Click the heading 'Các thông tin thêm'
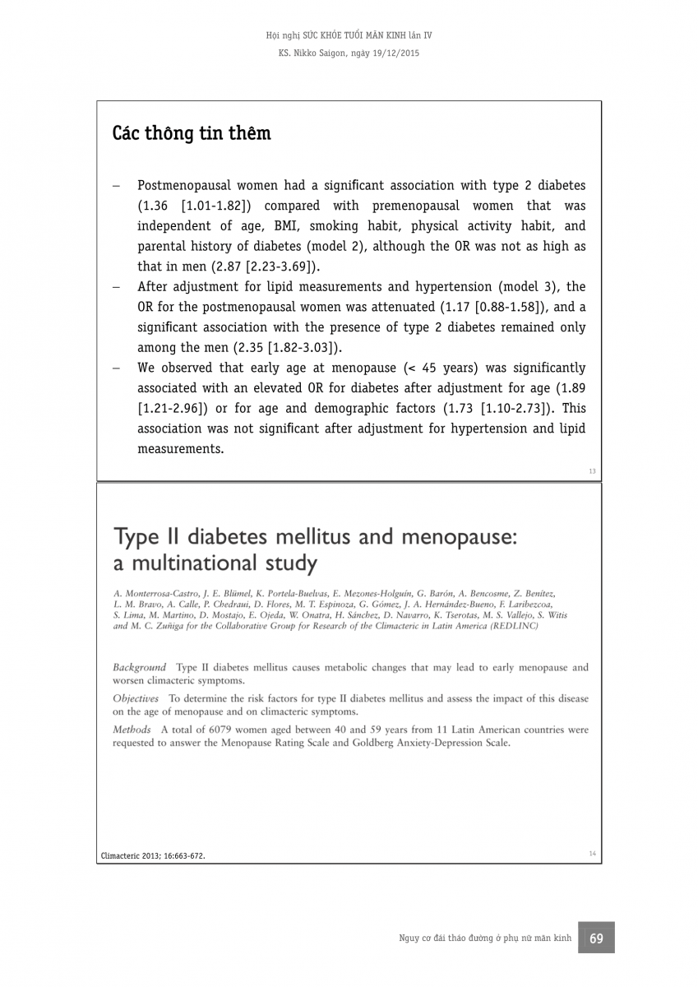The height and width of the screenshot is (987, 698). click(192, 133)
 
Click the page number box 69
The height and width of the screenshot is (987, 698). click(596, 938)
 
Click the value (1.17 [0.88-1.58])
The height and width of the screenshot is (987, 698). click(483, 307)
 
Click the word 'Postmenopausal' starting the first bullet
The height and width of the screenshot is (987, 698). click(185, 186)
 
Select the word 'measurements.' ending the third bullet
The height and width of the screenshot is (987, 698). click(180, 448)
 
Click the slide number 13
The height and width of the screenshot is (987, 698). click(592, 471)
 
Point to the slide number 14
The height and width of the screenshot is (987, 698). click(592, 853)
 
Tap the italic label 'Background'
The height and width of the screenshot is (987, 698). click(139, 667)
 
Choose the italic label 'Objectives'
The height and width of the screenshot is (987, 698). click(136, 698)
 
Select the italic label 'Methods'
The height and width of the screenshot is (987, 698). click(132, 730)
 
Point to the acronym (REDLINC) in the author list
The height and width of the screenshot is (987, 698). click(514, 625)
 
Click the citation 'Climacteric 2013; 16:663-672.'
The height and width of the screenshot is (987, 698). click(153, 855)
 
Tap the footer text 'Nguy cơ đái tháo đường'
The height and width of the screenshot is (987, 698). click(444, 938)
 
